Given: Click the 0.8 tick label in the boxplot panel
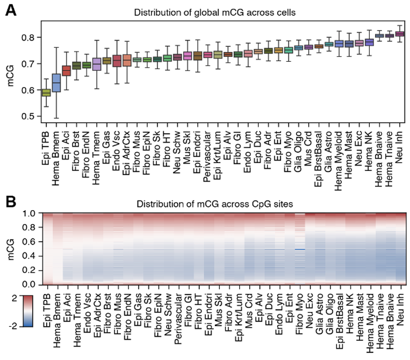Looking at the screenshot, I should (27, 38).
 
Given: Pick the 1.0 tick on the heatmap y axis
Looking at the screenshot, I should (27, 213).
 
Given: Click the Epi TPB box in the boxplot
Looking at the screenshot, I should (46, 92).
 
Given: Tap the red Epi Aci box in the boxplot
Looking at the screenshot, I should (67, 70).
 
